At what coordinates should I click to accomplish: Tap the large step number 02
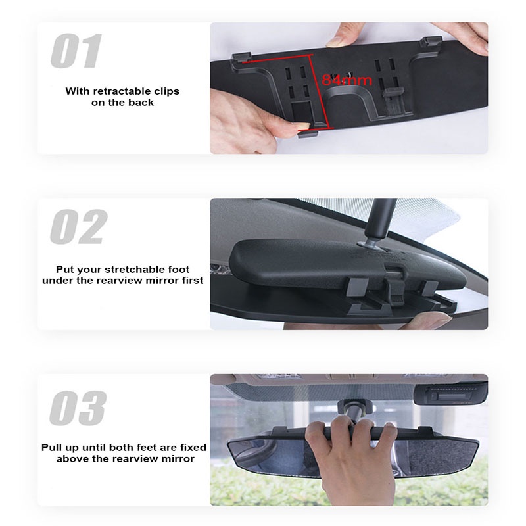(78, 227)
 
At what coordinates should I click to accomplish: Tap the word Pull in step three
(53, 447)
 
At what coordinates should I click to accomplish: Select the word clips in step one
(167, 91)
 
